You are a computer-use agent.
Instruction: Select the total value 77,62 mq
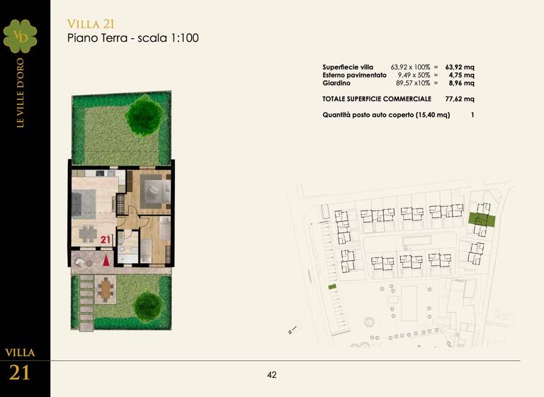460,99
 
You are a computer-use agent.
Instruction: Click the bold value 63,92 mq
460,67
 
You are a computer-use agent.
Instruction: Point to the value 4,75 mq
462,74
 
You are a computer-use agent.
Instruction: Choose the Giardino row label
336,83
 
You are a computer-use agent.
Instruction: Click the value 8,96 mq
462,83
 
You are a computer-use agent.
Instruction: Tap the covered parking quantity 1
472,114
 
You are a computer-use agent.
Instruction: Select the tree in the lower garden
148,305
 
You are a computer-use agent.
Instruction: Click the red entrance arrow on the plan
106,259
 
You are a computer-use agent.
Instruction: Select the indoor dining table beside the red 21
87,232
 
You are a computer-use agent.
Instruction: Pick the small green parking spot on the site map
331,286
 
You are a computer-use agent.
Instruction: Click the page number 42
272,375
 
